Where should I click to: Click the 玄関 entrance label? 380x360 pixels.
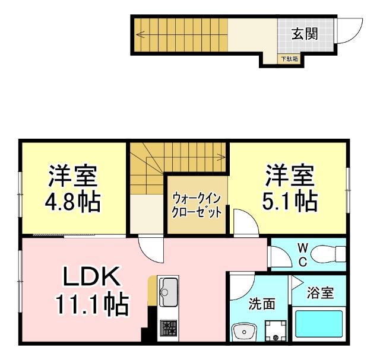tap(303, 33)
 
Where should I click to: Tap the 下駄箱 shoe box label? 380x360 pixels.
tap(290, 59)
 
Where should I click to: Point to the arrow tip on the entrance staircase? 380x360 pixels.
tap(138, 34)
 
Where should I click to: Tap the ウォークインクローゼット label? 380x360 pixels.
tap(197, 205)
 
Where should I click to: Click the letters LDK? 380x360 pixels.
tap(92, 277)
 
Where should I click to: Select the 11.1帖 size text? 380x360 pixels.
tap(92, 305)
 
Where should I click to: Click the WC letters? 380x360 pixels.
tap(302, 253)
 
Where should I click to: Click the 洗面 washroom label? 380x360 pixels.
tap(261, 304)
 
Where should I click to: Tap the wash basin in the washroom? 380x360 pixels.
tap(244, 331)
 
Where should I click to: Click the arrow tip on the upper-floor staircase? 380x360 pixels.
tap(223, 157)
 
